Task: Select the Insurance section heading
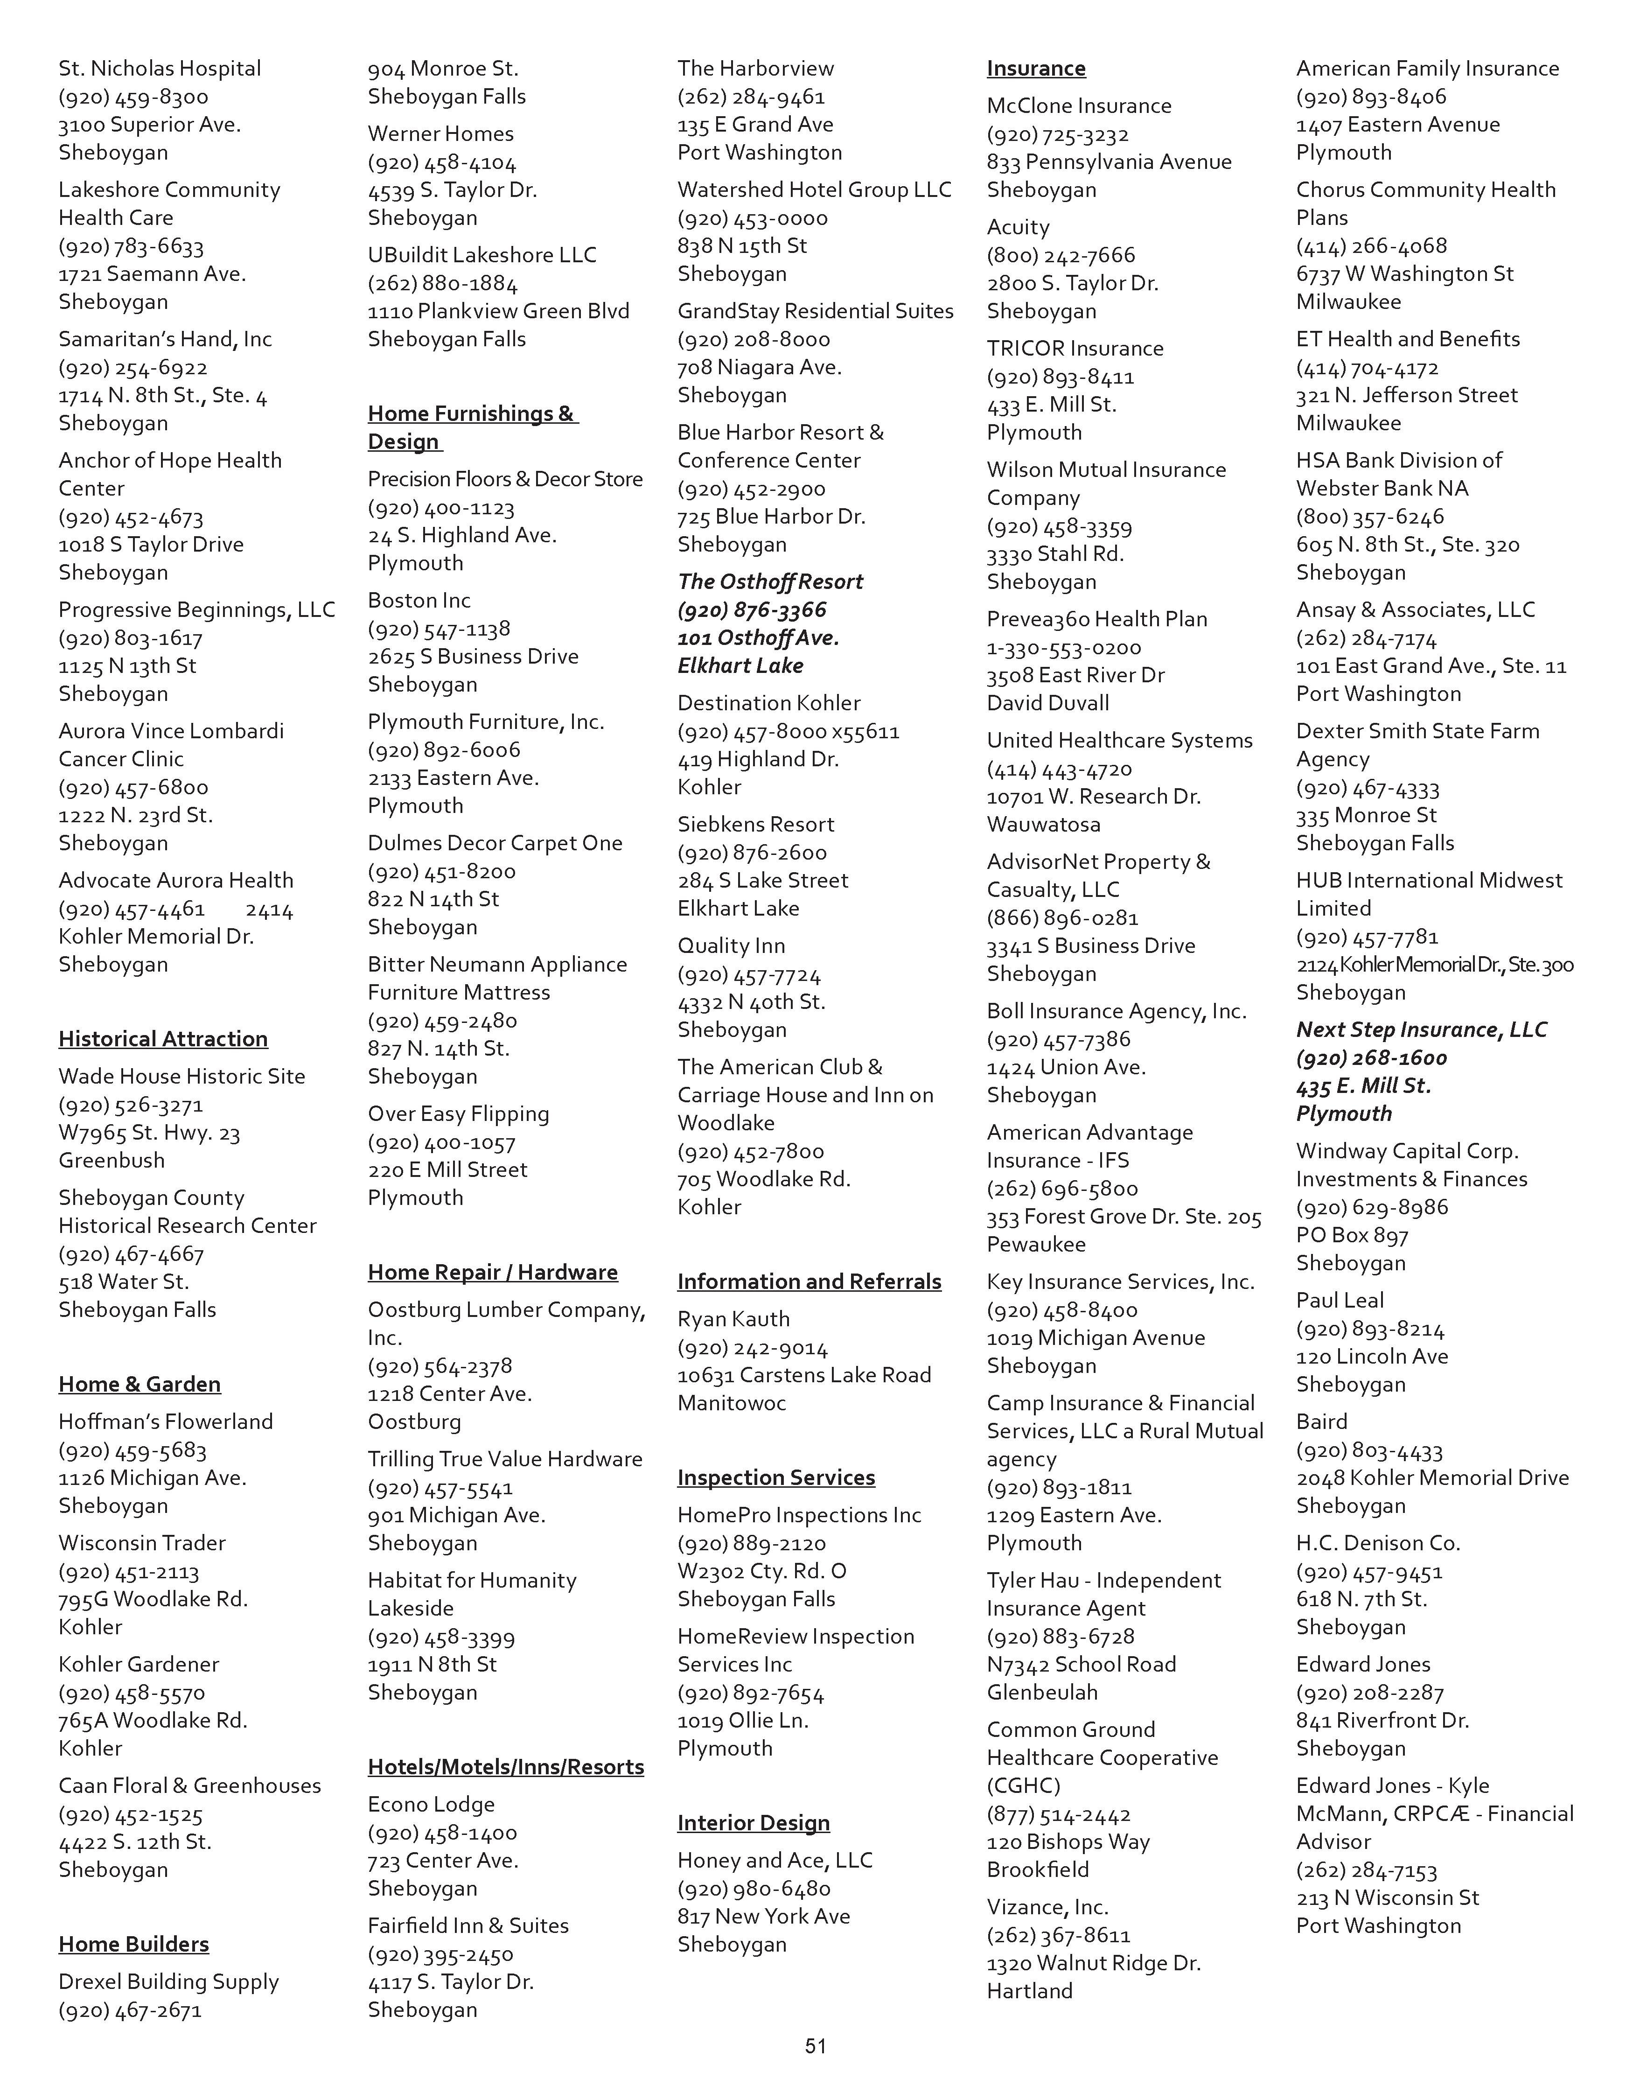[1036, 68]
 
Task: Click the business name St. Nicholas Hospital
[160, 68]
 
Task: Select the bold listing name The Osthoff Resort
[770, 582]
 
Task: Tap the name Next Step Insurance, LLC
[1421, 1030]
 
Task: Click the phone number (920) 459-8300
[133, 97]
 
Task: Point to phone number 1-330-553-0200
[1064, 648]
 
